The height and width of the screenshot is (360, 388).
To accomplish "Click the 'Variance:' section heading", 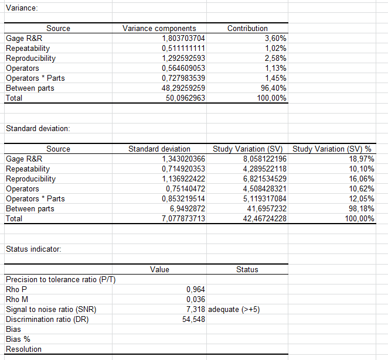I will (x=22, y=8).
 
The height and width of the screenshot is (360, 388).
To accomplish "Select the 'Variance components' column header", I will (x=159, y=28).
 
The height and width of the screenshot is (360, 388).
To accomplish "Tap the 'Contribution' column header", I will (x=247, y=28).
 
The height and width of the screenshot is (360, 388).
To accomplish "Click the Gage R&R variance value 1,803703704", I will (x=183, y=38).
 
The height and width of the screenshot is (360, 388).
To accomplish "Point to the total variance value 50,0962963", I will (x=185, y=98).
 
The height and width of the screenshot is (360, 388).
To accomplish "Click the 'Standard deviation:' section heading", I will (x=38, y=128).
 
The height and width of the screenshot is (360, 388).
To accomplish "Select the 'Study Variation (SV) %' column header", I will (x=334, y=149).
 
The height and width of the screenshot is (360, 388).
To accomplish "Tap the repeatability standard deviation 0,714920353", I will (x=183, y=169).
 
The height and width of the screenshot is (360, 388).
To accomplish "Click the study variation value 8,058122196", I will (x=264, y=159).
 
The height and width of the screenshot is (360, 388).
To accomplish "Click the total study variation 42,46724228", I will (x=264, y=219).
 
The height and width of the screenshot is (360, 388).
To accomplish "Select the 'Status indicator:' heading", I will (x=33, y=249).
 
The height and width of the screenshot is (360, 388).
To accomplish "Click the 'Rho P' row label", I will (x=16, y=289).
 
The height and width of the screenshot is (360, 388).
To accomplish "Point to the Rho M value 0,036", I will (x=195, y=299).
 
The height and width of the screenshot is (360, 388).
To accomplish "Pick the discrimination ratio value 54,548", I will (x=194, y=319).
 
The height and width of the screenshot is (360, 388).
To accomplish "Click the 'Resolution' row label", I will (x=23, y=349).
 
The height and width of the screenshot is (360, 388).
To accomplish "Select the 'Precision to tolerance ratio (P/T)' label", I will (x=60, y=279).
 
